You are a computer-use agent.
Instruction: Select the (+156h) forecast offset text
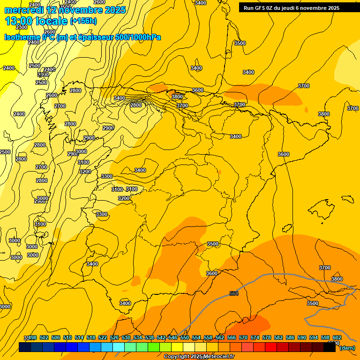pyautogui.click(x=83, y=21)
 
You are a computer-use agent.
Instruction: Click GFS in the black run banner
pyautogui.click(x=261, y=8)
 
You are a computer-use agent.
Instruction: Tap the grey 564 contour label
pyautogui.click(x=234, y=293)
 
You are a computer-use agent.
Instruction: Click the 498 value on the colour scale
pyautogui.click(x=33, y=337)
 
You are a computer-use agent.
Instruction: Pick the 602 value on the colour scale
pyautogui.click(x=337, y=337)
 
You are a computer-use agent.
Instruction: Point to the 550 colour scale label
pyautogui.click(x=185, y=337)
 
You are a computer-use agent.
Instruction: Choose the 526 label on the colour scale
pyautogui.click(x=114, y=337)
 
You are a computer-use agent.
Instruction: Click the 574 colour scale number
pyautogui.click(x=255, y=337)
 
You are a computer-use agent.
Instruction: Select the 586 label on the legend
pyautogui.click(x=290, y=337)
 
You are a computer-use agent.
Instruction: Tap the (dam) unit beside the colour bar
pyautogui.click(x=347, y=348)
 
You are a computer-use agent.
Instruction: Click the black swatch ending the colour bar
pyautogui.click(x=330, y=347)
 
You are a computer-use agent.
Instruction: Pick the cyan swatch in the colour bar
pyautogui.click(x=119, y=347)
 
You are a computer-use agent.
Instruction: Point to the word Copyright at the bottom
pyautogui.click(x=177, y=357)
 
